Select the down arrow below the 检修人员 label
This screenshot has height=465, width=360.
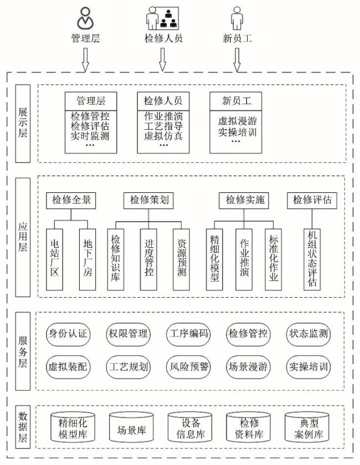[x=162, y=59]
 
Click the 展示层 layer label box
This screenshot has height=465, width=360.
[x=23, y=123]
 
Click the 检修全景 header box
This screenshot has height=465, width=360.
[x=70, y=200]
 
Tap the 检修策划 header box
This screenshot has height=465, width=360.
[x=149, y=200]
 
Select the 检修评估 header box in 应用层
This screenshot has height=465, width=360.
[x=312, y=200]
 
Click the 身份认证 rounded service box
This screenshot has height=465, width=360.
[x=68, y=334]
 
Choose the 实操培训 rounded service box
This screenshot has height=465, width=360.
[x=308, y=366]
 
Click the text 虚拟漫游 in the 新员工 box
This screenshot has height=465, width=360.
[x=236, y=120]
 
